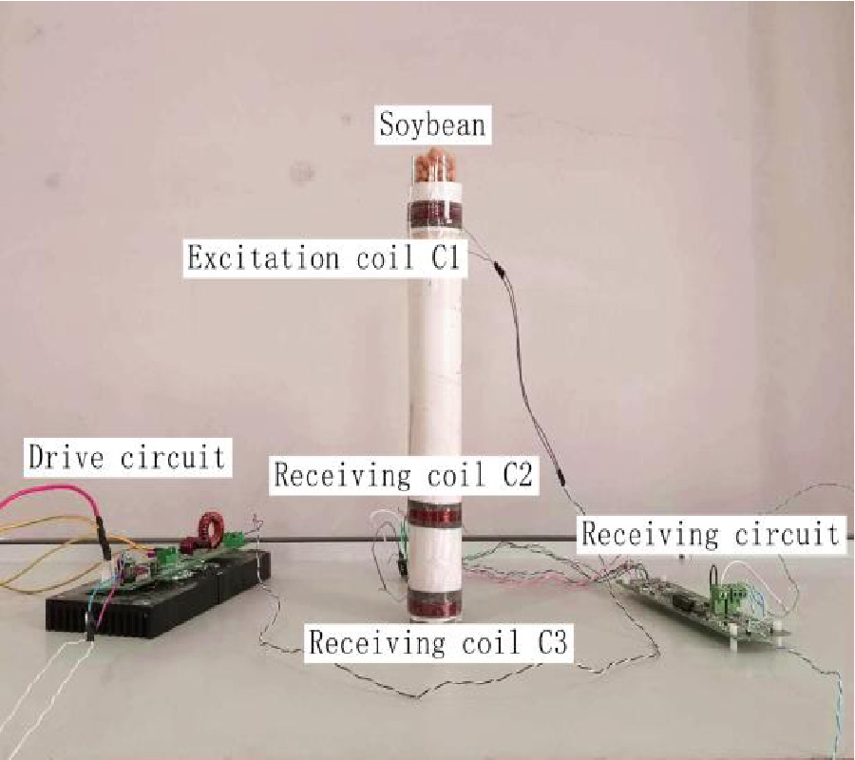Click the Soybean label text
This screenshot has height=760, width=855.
tap(432, 124)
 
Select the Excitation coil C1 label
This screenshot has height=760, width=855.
tap(325, 257)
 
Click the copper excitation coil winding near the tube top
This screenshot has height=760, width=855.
tap(434, 216)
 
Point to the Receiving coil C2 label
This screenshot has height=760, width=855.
tap(404, 474)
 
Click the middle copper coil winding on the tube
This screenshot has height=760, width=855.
tap(435, 516)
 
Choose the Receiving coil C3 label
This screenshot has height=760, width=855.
tap(439, 642)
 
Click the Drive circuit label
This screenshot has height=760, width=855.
tap(127, 457)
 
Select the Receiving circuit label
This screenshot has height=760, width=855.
tap(711, 533)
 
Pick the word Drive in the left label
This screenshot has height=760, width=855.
tap(66, 457)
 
